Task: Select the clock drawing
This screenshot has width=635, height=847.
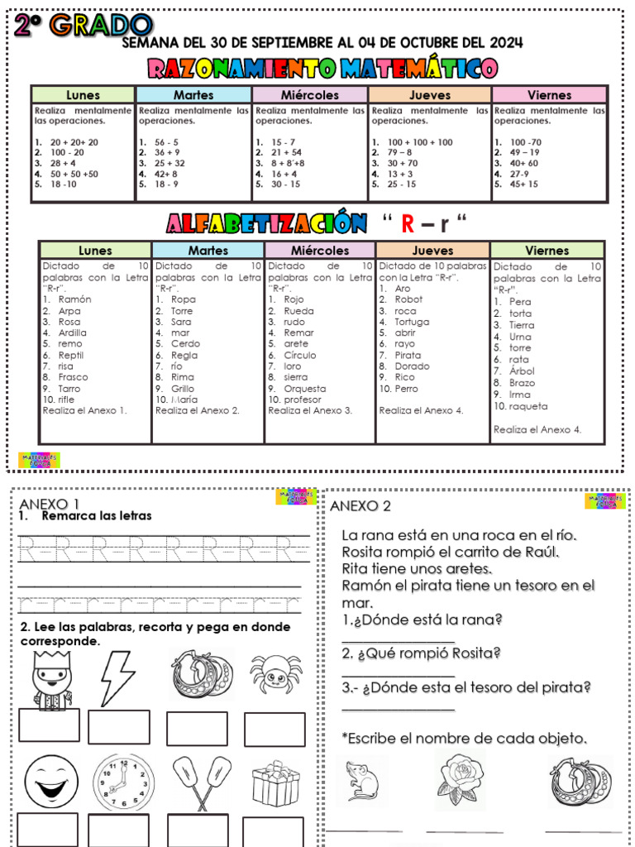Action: (x=122, y=781)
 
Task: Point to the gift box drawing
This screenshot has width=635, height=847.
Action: (x=275, y=783)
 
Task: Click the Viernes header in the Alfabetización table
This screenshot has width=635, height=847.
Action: (x=547, y=251)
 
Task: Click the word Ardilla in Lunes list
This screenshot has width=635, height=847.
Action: (x=72, y=333)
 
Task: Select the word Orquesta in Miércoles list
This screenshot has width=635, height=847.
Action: (x=304, y=389)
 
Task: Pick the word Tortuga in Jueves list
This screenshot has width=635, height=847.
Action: (x=412, y=322)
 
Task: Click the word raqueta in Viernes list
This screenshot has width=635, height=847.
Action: (x=528, y=406)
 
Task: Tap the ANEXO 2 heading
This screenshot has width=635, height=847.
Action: (x=360, y=506)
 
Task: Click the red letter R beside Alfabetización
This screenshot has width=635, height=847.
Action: (x=407, y=223)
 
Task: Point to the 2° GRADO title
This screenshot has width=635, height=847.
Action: (x=82, y=26)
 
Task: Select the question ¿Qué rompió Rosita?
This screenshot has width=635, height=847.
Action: (x=422, y=653)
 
